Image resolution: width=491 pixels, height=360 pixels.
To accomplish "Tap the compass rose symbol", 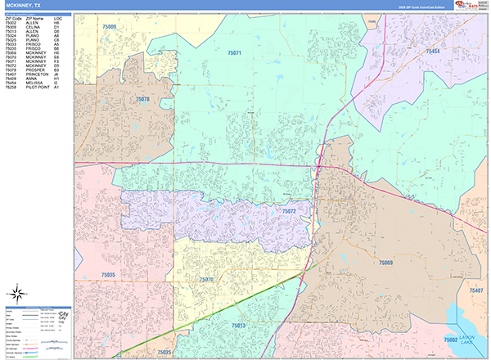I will (16, 293).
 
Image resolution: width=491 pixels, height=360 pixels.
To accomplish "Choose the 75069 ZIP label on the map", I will (386, 262).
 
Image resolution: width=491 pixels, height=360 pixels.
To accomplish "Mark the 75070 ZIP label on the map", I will (206, 279).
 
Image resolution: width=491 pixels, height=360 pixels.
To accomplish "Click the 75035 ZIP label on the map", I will (106, 275).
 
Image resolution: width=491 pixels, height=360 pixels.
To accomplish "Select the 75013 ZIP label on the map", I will (238, 326).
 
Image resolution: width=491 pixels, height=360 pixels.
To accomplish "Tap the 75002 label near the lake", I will (450, 339).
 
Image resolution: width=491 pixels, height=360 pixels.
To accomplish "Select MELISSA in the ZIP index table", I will (39, 83).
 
